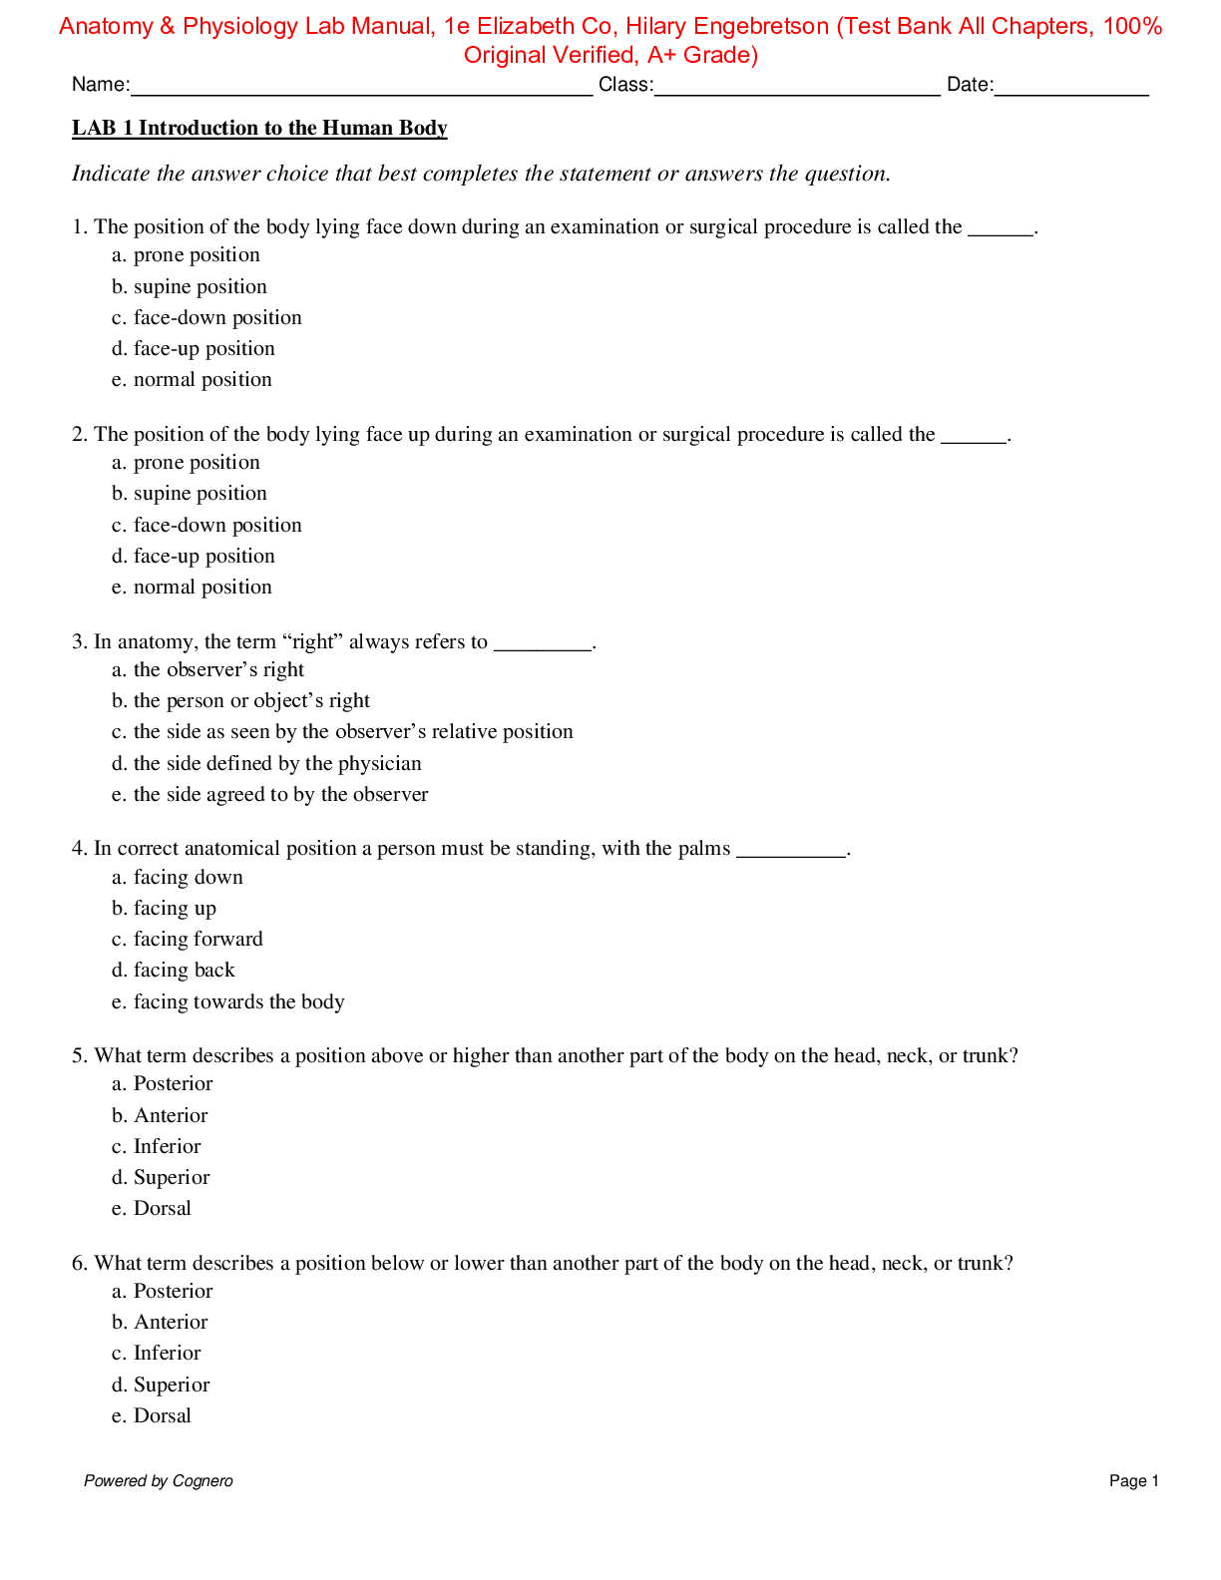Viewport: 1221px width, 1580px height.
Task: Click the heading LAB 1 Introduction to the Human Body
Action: coord(259,128)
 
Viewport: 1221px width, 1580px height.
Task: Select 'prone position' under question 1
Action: coord(197,255)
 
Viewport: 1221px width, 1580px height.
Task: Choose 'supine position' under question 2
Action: coord(200,494)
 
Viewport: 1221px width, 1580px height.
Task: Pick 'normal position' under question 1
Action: coord(203,380)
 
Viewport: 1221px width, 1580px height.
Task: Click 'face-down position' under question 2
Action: coord(217,526)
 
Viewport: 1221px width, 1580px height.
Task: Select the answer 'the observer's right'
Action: coord(218,670)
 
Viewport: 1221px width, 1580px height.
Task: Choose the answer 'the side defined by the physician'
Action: coord(277,764)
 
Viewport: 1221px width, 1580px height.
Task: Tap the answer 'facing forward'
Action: coord(198,940)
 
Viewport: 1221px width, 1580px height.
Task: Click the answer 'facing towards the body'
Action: coord(238,1002)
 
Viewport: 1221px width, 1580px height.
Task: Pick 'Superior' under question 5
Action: coord(172,1178)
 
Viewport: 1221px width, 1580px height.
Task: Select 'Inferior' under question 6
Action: coord(167,1354)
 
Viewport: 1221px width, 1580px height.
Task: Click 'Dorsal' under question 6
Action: coord(162,1416)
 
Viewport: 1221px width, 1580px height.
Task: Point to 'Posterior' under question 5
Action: coord(173,1084)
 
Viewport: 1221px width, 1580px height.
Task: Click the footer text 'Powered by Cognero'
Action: coord(159,1481)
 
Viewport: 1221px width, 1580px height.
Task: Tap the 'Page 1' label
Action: coord(1133,1481)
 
